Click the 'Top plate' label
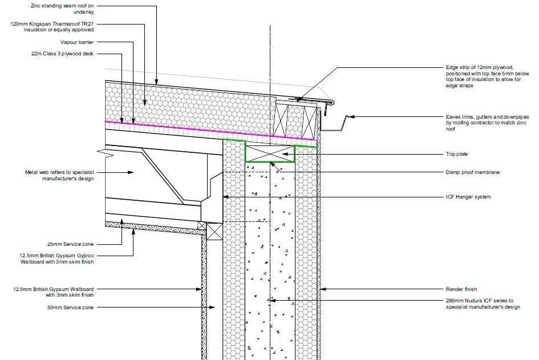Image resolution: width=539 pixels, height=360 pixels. pyautogui.click(x=456, y=154)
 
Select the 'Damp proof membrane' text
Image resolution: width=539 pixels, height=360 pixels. pyautogui.click(x=473, y=172)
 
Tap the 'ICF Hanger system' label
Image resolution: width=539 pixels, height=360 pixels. pyautogui.click(x=468, y=197)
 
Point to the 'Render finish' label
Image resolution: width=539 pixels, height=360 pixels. pyautogui.click(x=461, y=289)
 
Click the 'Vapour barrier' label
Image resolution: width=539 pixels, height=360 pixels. pyautogui.click(x=77, y=42)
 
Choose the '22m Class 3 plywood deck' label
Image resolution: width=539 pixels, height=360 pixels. pyautogui.click(x=62, y=54)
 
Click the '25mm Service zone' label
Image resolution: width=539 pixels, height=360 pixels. pyautogui.click(x=71, y=244)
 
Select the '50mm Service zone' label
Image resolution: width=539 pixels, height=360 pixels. pyautogui.click(x=71, y=308)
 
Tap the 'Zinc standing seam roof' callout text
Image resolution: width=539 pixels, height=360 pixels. pyautogui.click(x=62, y=9)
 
